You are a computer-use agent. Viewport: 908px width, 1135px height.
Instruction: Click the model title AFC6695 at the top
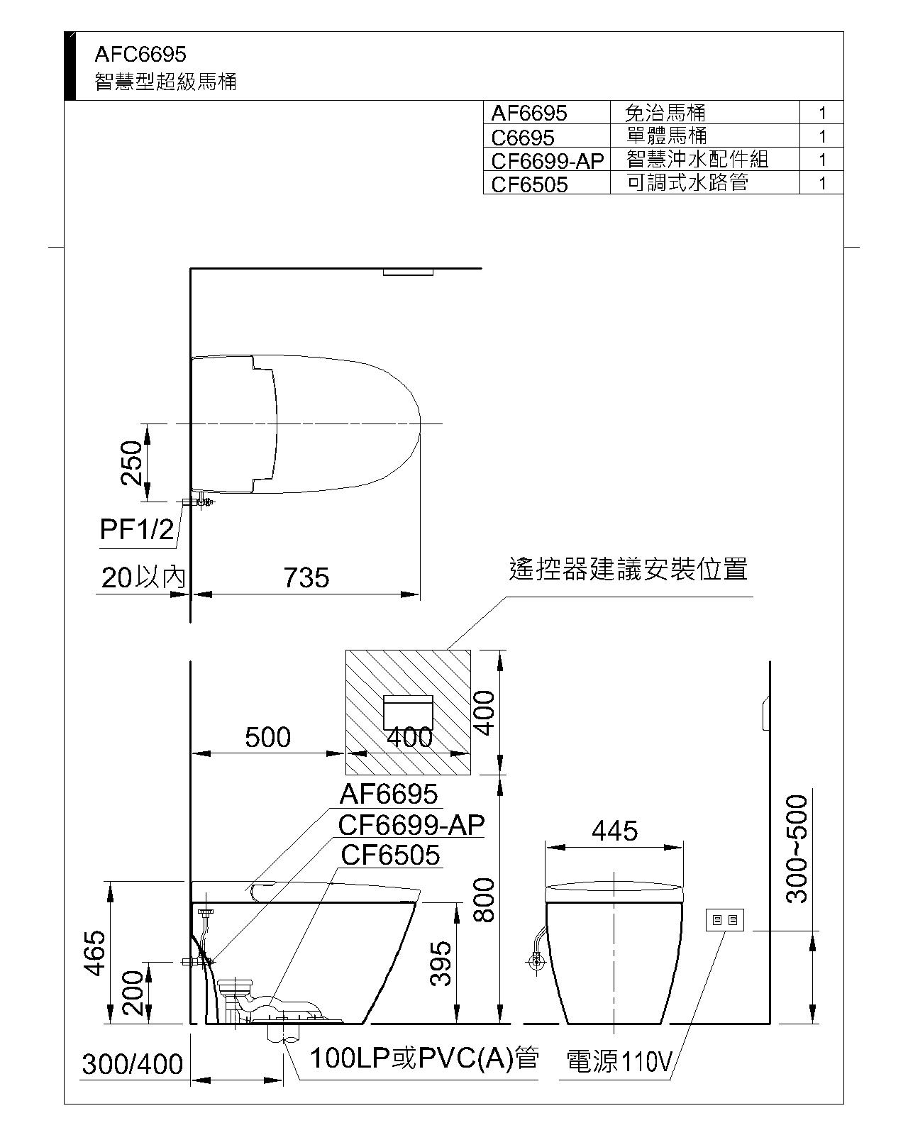140,55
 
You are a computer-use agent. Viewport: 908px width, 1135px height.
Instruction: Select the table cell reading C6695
522,138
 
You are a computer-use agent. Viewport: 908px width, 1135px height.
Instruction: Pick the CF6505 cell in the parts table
529,184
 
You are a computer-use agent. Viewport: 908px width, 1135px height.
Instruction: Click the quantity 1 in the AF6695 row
821,113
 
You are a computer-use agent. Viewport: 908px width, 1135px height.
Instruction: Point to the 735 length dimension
306,577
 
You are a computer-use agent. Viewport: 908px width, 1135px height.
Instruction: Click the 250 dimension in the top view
131,463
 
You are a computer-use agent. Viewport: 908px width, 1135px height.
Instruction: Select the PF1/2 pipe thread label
137,529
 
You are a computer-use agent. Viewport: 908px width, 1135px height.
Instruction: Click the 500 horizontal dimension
267,737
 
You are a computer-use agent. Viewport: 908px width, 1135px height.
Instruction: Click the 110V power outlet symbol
725,920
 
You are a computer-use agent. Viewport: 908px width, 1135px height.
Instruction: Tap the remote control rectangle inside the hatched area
408,713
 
